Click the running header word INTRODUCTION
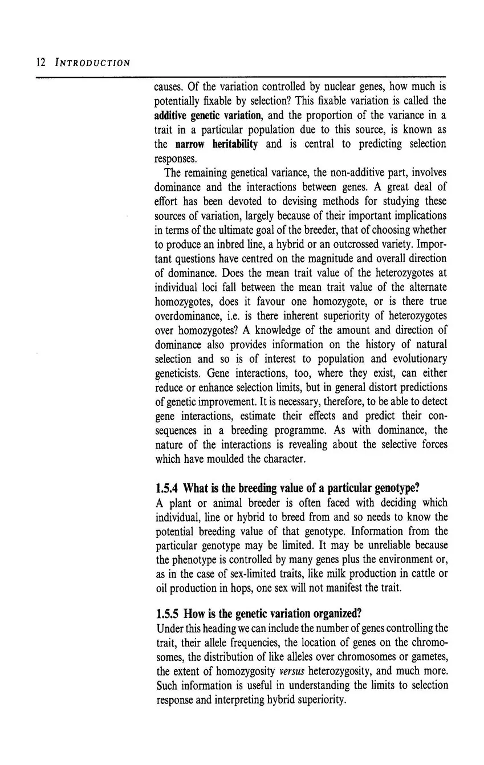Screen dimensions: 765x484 [x=92, y=62]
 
